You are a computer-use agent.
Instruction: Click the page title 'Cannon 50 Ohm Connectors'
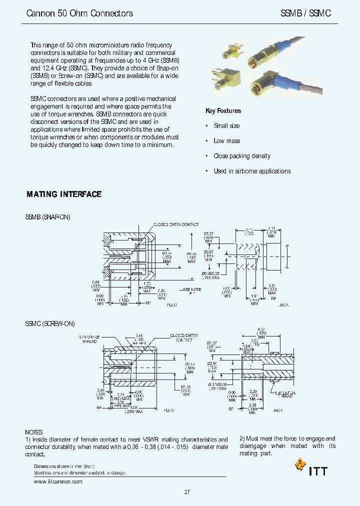click(x=79, y=13)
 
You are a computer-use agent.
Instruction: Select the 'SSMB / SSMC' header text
click(x=305, y=13)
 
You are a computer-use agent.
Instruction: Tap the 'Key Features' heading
click(x=223, y=111)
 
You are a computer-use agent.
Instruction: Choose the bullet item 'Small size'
click(x=226, y=126)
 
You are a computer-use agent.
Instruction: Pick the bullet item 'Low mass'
click(x=226, y=141)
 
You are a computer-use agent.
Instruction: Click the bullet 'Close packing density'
click(x=242, y=156)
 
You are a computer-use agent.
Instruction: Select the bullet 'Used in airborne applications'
click(x=252, y=171)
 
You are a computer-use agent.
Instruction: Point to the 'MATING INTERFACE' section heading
click(x=64, y=194)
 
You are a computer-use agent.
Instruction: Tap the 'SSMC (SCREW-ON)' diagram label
click(x=50, y=323)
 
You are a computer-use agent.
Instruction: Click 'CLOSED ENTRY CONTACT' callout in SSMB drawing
click(x=176, y=225)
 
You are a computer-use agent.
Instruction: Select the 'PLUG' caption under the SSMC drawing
click(x=168, y=409)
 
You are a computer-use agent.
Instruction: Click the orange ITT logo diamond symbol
click(x=300, y=465)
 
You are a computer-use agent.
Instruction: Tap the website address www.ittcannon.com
click(x=57, y=481)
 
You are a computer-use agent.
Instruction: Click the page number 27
click(x=187, y=492)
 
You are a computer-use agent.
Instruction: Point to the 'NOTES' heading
click(x=34, y=432)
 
